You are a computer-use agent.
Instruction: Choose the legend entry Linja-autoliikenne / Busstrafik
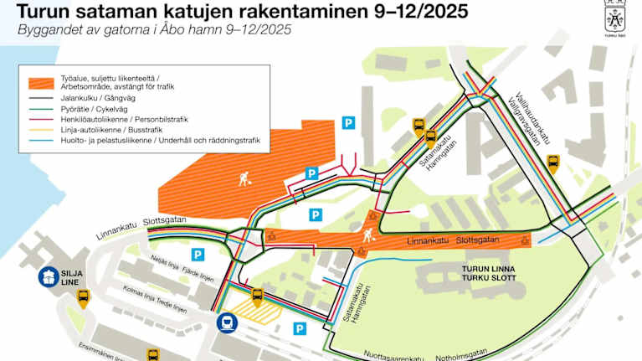pyautogui.click(x=110, y=130)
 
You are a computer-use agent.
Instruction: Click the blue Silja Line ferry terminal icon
pyautogui.click(x=49, y=277)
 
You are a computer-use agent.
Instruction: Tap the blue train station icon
pyautogui.click(x=226, y=322)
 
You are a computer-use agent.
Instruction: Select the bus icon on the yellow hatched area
pyautogui.click(x=258, y=297)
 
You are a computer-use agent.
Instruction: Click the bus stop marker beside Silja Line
pyautogui.click(x=83, y=297)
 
